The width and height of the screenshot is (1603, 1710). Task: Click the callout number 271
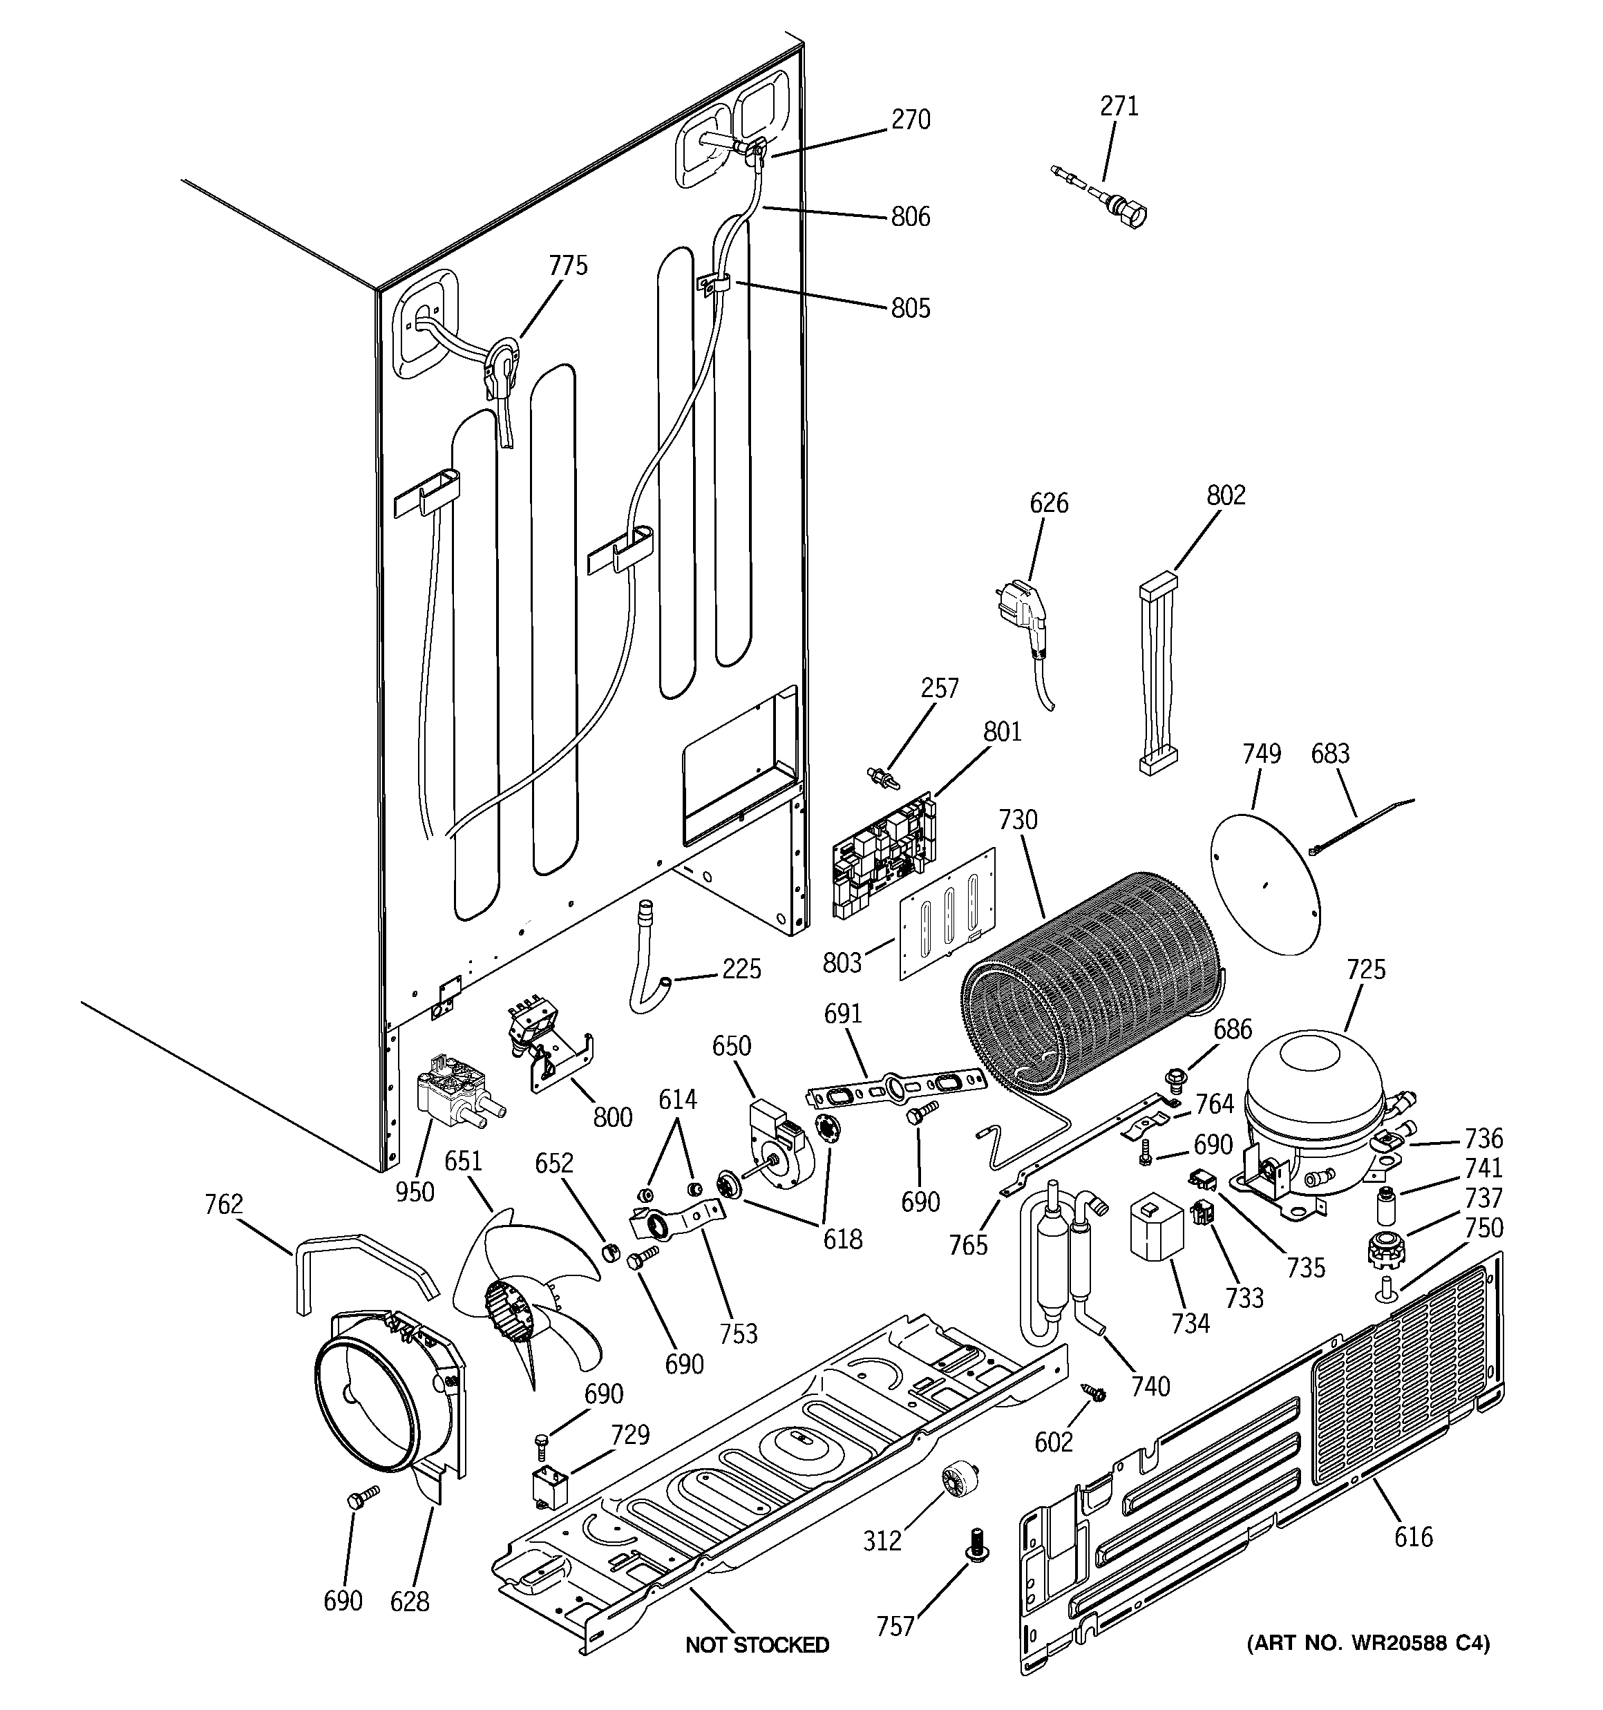(x=1119, y=106)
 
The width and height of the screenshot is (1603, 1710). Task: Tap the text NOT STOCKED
(x=757, y=1644)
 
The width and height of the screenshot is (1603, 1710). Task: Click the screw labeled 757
(x=976, y=1544)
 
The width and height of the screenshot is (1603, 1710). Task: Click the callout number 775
(x=568, y=266)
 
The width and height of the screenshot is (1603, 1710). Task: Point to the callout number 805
(x=911, y=308)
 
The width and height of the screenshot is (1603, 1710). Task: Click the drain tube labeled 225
(x=647, y=963)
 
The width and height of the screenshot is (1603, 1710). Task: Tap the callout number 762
(x=224, y=1204)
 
